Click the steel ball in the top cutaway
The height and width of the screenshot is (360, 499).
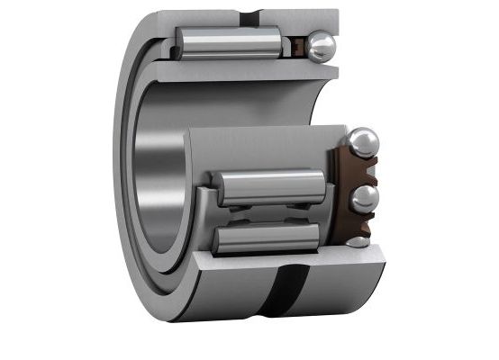pyautogui.click(x=320, y=47)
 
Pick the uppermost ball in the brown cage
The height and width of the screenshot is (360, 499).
pyautogui.click(x=363, y=143)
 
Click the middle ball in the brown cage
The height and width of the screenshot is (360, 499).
pyautogui.click(x=364, y=198)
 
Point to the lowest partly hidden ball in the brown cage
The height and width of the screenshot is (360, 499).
pyautogui.click(x=358, y=241)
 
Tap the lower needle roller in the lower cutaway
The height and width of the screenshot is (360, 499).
pyautogui.click(x=266, y=238)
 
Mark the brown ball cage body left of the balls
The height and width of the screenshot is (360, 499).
pyautogui.click(x=340, y=193)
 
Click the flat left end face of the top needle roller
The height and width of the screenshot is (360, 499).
pyautogui.click(x=180, y=43)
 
